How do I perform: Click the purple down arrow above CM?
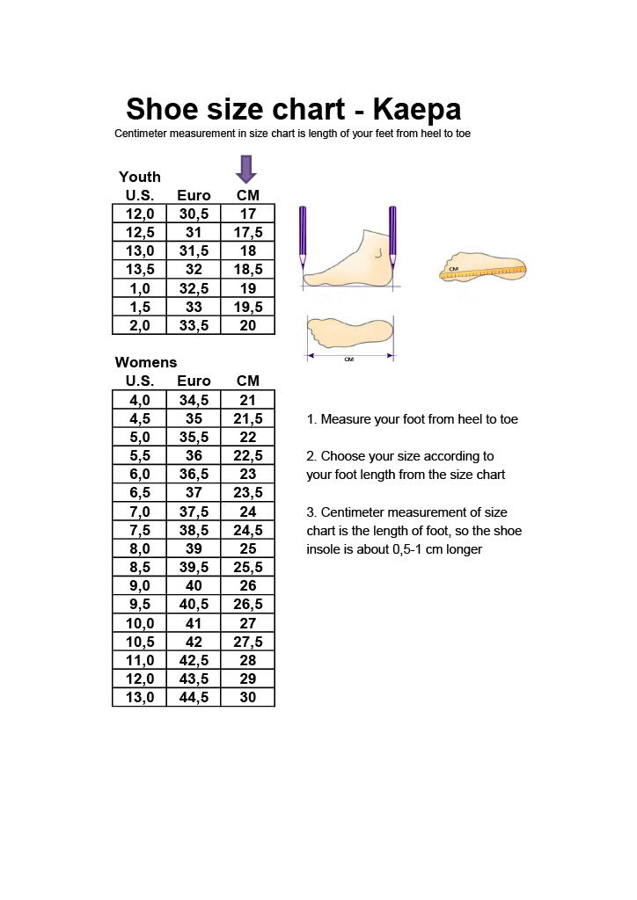tap(247, 168)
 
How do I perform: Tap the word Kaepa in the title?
tap(416, 110)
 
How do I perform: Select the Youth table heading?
tap(140, 177)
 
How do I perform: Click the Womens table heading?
tap(146, 362)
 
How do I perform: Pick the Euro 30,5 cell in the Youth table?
tap(194, 214)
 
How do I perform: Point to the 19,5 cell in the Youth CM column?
tap(248, 307)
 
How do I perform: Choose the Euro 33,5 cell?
tap(194, 325)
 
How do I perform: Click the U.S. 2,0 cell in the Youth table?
tap(140, 325)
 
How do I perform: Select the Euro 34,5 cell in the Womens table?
tap(194, 400)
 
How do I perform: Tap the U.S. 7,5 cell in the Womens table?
tap(140, 530)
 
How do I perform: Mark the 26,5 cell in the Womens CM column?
tap(248, 605)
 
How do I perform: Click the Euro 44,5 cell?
tap(194, 697)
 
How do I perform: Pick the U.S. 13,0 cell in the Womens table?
tap(140, 697)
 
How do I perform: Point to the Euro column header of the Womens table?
tap(194, 381)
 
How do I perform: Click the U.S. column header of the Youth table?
tap(140, 195)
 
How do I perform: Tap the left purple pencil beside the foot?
tap(303, 236)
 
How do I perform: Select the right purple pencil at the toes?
tap(392, 236)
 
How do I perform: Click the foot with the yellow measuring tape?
tap(483, 270)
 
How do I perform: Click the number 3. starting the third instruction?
tap(311, 512)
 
